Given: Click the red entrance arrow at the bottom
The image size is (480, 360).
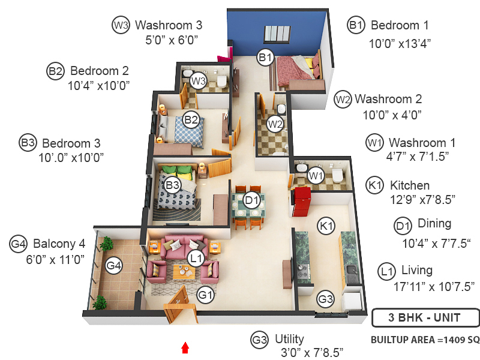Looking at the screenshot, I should [185, 347].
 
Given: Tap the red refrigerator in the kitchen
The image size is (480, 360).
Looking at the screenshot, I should [301, 202].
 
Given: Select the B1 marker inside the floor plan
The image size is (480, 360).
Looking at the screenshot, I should [265, 58].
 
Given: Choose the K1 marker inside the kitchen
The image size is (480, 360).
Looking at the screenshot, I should [326, 226].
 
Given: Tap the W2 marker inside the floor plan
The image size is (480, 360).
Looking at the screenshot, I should [275, 124].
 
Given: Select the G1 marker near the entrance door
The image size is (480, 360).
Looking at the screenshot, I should [206, 295].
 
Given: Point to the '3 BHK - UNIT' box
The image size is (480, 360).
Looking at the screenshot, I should [425, 317].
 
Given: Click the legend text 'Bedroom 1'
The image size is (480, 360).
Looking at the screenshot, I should [400, 25].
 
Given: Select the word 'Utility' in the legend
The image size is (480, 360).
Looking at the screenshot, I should [289, 339].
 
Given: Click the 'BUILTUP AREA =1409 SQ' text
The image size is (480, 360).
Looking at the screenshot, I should [425, 340].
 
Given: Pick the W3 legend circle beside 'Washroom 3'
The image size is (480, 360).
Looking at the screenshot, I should [121, 25].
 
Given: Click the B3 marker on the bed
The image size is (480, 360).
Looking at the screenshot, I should [172, 185].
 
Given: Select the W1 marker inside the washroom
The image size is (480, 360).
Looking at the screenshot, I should [316, 176].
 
